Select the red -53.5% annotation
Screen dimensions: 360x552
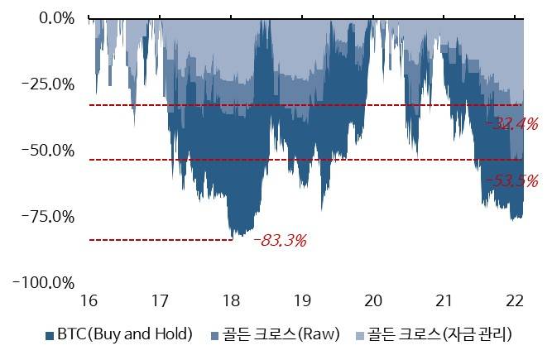pos(511,180)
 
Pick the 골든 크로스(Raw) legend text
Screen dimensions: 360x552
pos(286,335)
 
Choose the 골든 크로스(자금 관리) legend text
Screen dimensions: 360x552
pos(439,335)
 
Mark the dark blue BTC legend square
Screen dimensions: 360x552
pos(50,336)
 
